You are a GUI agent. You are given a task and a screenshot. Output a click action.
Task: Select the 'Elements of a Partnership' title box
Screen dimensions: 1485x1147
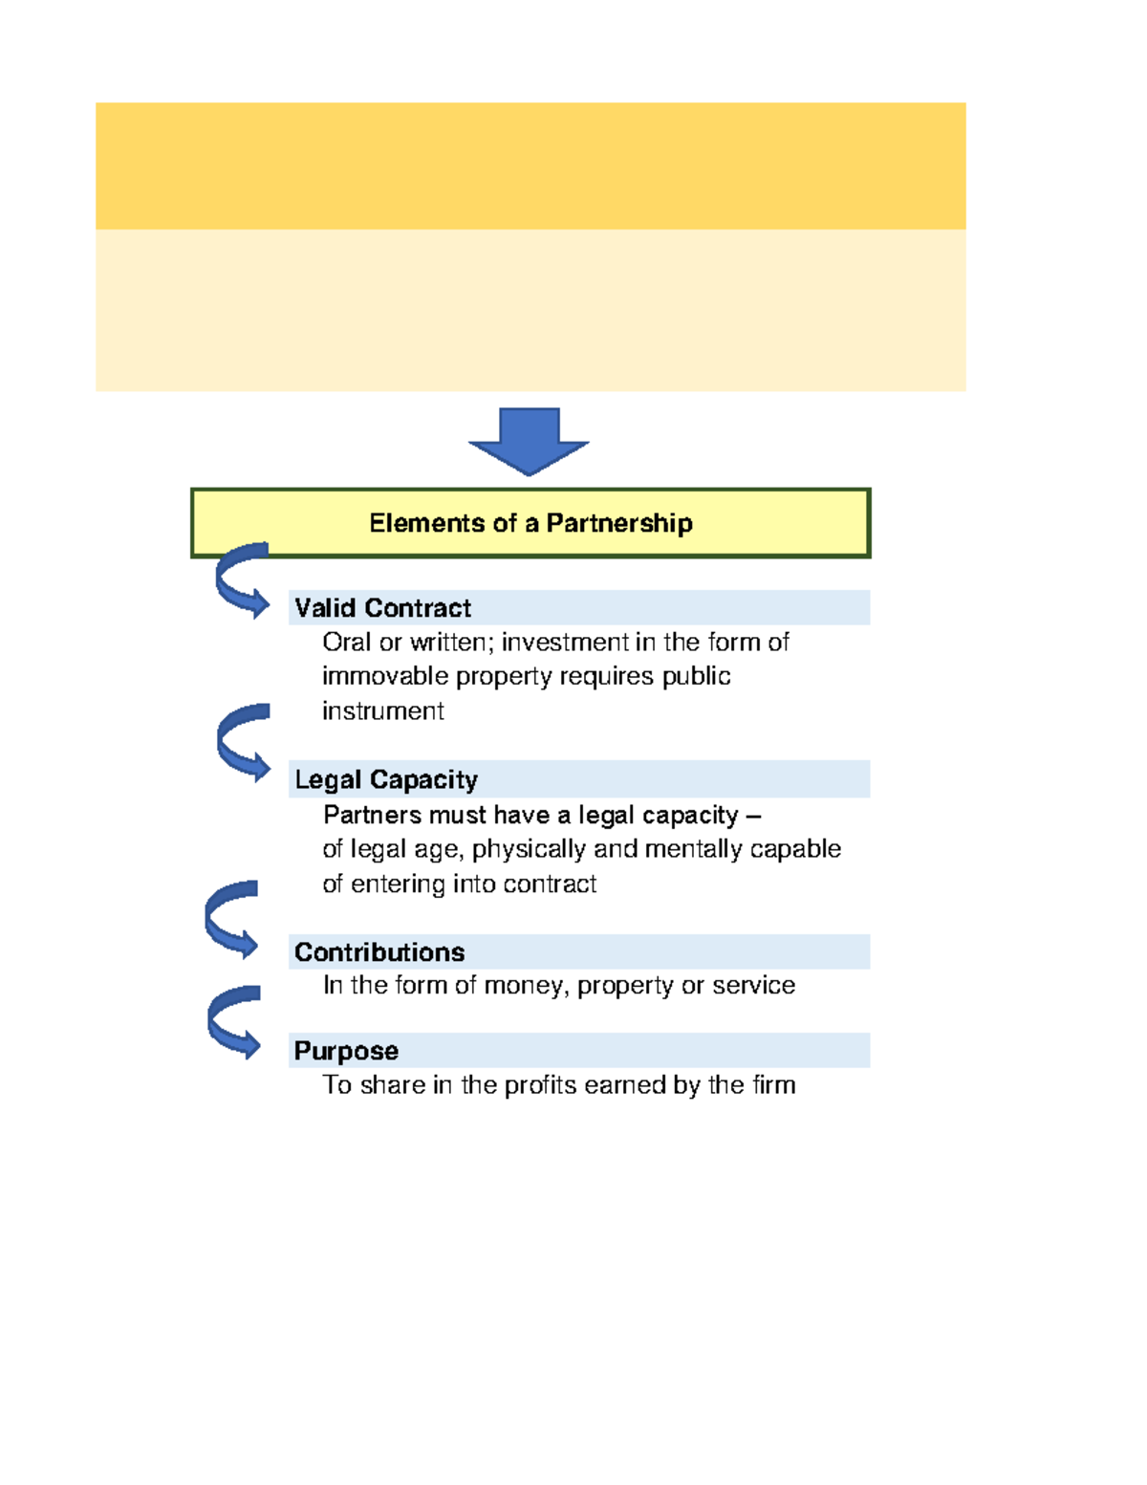[x=530, y=523]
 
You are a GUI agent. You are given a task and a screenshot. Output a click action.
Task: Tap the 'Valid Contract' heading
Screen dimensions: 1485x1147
[x=382, y=608]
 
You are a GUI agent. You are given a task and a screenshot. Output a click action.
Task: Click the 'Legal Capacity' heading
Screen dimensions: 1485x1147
[x=386, y=779]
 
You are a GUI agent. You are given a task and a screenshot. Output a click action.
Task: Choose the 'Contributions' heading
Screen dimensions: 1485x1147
[x=379, y=952]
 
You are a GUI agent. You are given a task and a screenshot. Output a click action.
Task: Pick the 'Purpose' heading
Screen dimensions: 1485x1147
[x=346, y=1051]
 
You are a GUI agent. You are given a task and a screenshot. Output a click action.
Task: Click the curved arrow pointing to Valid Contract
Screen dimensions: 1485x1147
[x=240, y=580]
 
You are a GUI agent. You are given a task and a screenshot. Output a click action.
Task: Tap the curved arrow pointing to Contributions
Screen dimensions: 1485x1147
[x=230, y=919]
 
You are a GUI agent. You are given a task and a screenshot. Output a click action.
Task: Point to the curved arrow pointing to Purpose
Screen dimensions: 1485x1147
[x=232, y=1022]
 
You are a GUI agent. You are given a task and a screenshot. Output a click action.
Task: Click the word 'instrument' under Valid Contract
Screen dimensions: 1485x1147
[x=382, y=711]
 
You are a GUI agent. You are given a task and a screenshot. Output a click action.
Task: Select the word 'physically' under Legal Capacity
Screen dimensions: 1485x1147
[x=529, y=849]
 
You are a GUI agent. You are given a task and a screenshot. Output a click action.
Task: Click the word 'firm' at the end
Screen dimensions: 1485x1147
[x=773, y=1085]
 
